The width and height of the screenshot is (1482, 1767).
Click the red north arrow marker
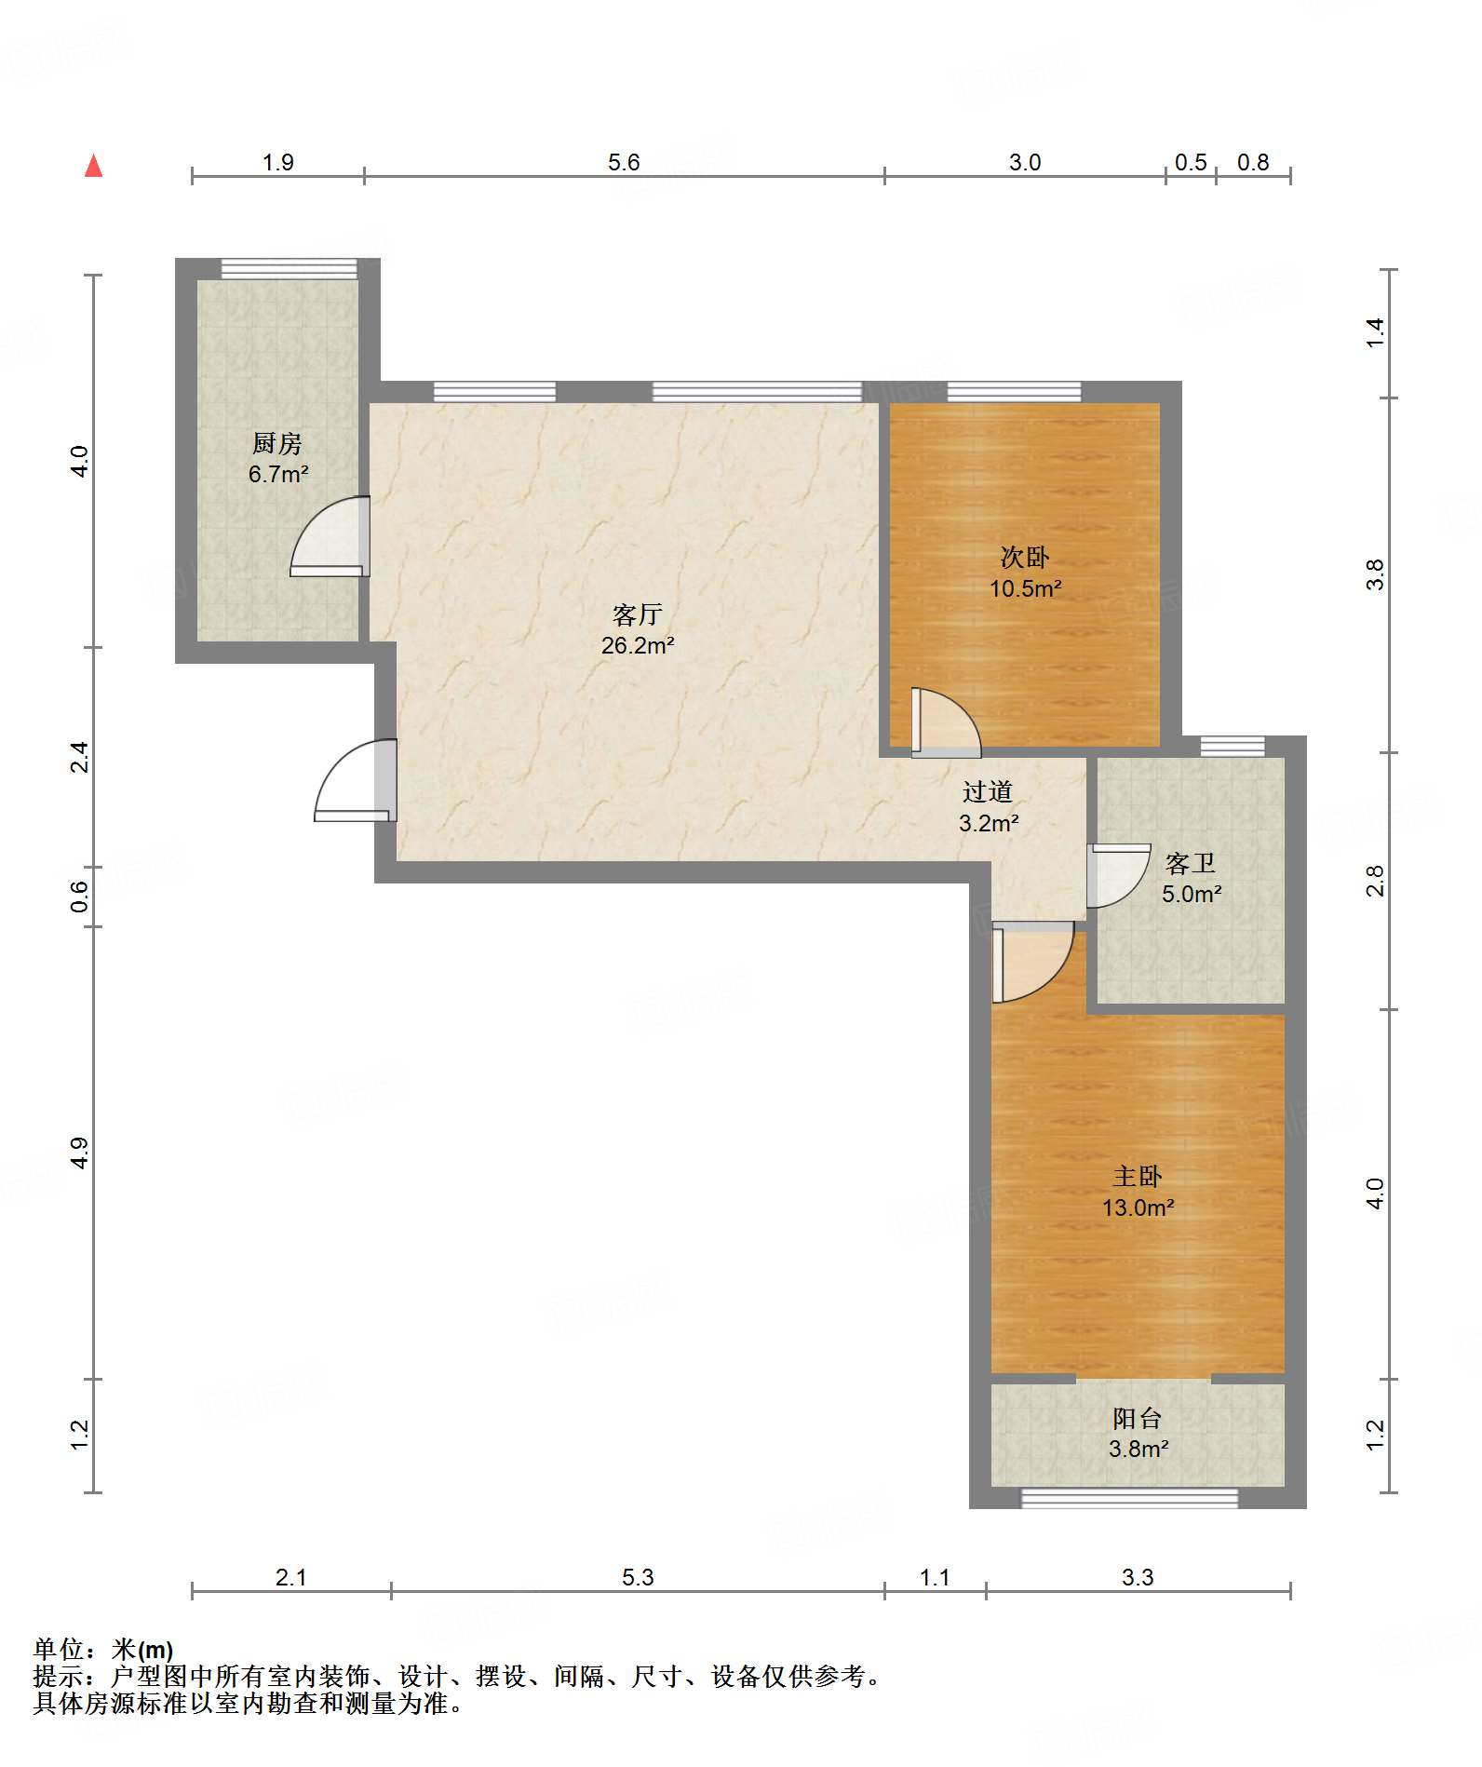click(93, 166)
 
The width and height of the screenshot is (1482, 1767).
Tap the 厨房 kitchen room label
click(277, 443)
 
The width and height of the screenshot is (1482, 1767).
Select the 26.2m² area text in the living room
click(638, 645)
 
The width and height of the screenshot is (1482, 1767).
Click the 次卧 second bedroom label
click(1025, 557)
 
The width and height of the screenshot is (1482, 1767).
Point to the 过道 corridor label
click(988, 791)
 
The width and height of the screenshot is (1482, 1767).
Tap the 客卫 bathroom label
click(1191, 863)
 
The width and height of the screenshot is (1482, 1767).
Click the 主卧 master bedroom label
click(1138, 1176)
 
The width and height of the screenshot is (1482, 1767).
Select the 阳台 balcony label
click(1138, 1418)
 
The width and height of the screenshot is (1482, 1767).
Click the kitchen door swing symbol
click(330, 536)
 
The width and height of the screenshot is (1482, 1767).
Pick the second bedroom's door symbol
click(946, 722)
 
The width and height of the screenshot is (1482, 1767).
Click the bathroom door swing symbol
click(1119, 875)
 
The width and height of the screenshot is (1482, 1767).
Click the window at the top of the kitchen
click(289, 269)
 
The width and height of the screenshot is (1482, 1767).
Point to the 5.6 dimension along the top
click(624, 162)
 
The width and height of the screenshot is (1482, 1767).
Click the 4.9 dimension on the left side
click(80, 1153)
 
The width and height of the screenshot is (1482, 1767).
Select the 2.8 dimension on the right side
click(1375, 881)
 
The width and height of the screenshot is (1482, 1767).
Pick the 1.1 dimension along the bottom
click(935, 1577)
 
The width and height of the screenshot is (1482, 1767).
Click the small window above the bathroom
click(1233, 746)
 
